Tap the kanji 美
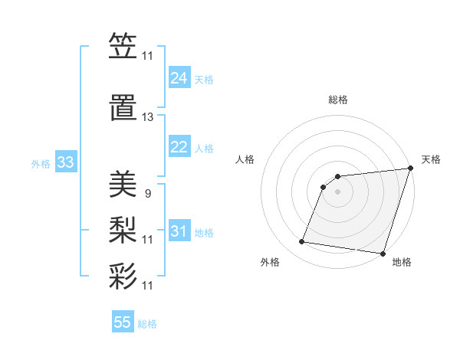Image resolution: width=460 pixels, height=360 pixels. point(123,184)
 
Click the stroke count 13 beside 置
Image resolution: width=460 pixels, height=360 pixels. point(148,117)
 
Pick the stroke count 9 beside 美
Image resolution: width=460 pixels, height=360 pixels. point(147,194)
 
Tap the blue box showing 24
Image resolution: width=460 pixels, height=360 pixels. point(179,78)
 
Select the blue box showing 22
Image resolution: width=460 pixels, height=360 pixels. point(179,147)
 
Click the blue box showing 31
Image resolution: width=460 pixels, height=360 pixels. point(179,231)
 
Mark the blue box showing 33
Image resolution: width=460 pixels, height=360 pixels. point(65,162)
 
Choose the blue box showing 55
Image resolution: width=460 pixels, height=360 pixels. point(123,322)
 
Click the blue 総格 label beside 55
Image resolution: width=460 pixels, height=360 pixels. point(147,324)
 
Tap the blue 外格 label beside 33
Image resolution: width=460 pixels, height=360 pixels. point(41,163)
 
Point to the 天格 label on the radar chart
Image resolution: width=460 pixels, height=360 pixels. point(431,159)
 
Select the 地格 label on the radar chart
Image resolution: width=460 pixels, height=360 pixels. point(402,262)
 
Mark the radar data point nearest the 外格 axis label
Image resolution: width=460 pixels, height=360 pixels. point(302,242)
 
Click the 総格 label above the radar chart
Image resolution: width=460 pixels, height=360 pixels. point(338,100)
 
